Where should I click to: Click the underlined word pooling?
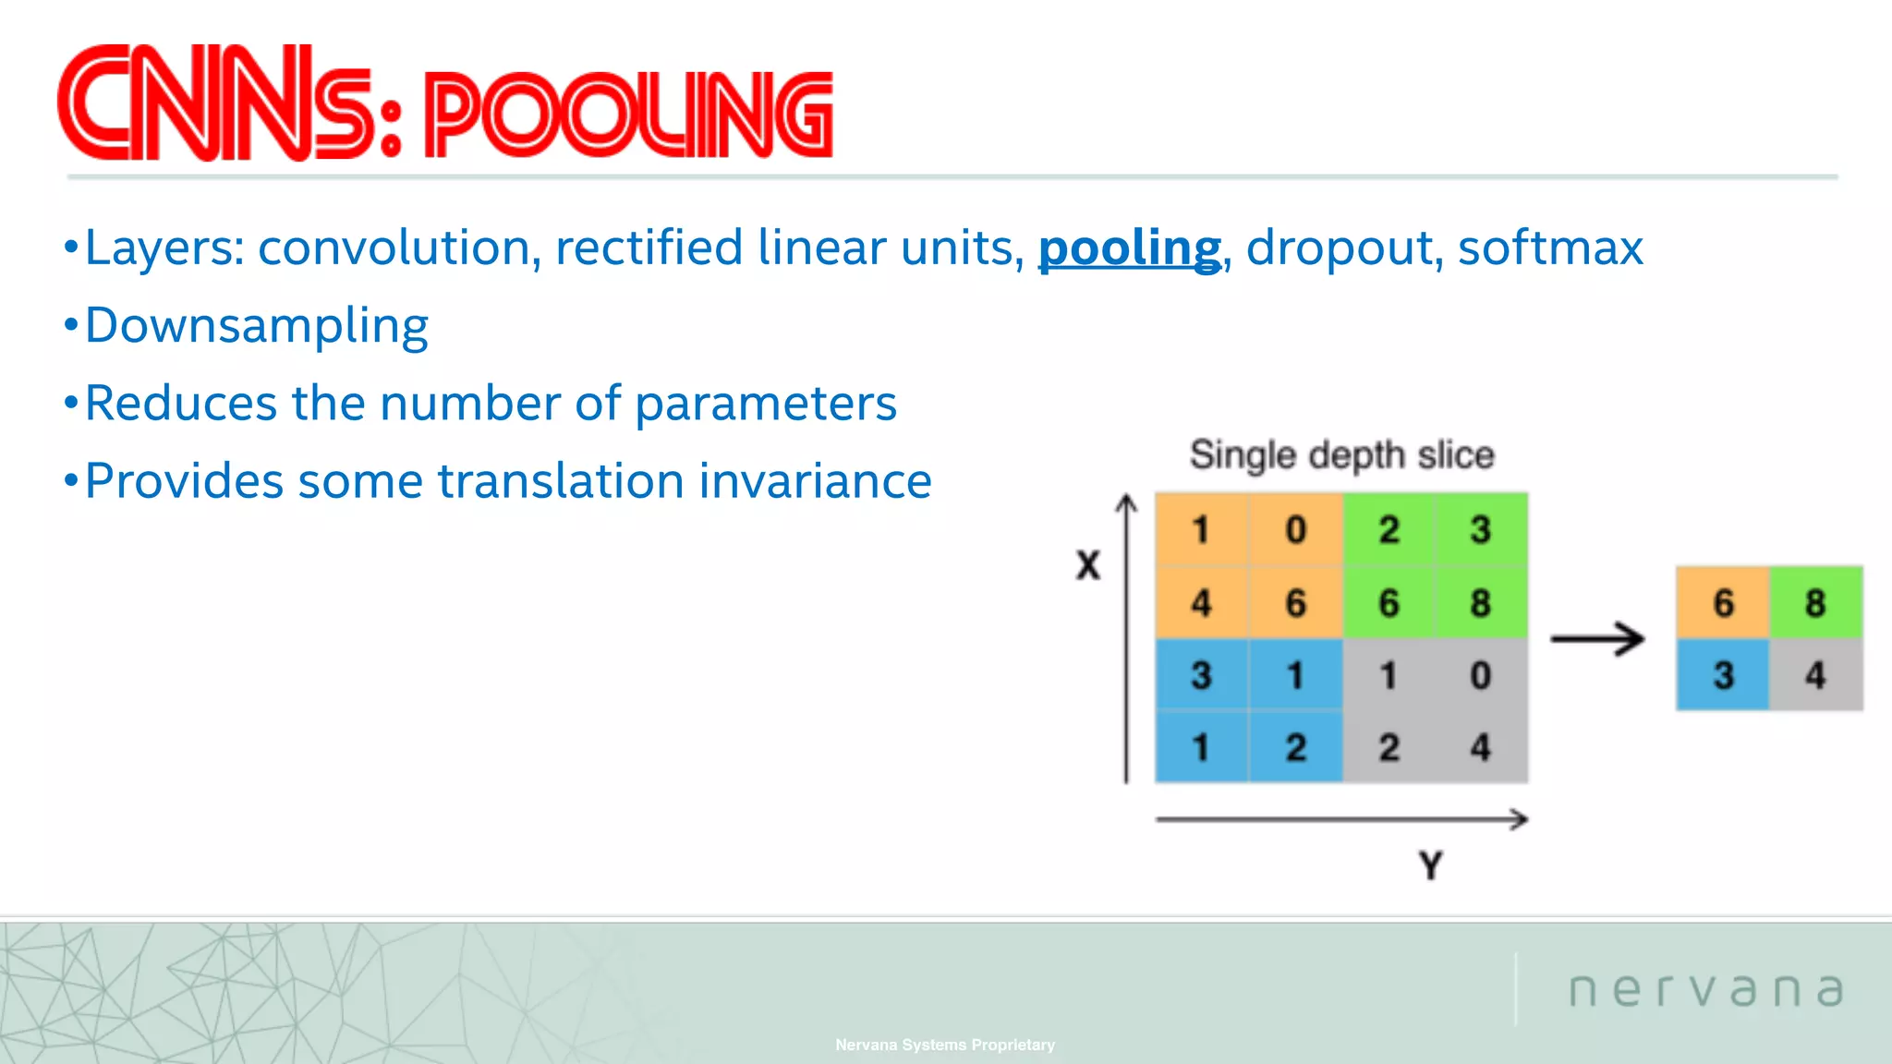point(1129,248)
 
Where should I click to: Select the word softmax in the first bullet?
point(1550,248)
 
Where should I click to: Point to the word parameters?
point(766,405)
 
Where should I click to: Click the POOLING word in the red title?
point(628,115)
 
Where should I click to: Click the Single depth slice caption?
point(1341,455)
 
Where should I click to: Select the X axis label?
point(1088,565)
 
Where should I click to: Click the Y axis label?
point(1430,865)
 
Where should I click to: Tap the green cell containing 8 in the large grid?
point(1481,603)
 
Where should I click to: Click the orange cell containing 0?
point(1295,530)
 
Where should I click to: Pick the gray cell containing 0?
point(1481,675)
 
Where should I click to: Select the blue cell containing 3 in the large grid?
point(1201,675)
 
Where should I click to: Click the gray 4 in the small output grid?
point(1815,675)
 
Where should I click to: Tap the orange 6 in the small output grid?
point(1723,603)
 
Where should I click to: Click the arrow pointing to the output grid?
point(1597,638)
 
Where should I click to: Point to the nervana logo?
point(1705,990)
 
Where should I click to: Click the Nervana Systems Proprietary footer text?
point(945,1045)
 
